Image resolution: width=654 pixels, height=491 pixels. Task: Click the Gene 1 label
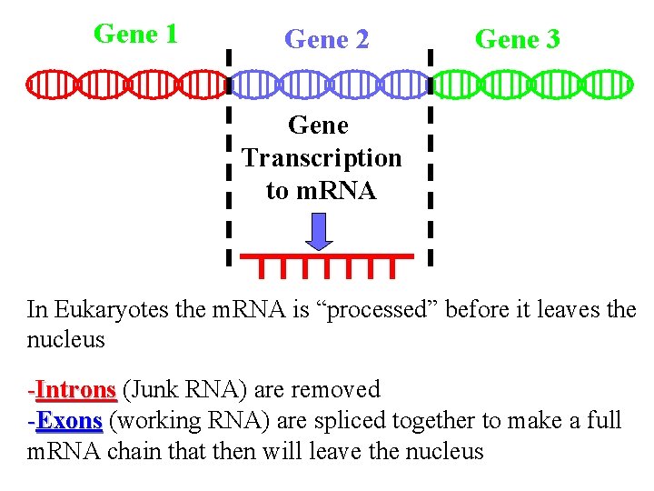tap(135, 35)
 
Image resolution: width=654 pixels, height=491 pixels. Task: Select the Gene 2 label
tap(326, 39)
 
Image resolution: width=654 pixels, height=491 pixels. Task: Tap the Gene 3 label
tap(518, 39)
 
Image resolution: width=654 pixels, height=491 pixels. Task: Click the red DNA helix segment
tap(127, 85)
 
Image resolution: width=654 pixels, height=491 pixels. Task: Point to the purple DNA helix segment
tap(327, 85)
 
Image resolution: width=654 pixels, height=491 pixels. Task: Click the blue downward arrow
tap(318, 231)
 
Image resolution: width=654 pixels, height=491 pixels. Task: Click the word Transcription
tap(322, 158)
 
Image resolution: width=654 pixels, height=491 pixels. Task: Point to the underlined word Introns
tap(76, 390)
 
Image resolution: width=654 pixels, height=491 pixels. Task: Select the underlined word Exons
tap(69, 421)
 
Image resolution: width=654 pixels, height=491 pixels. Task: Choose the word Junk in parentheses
tap(150, 390)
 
